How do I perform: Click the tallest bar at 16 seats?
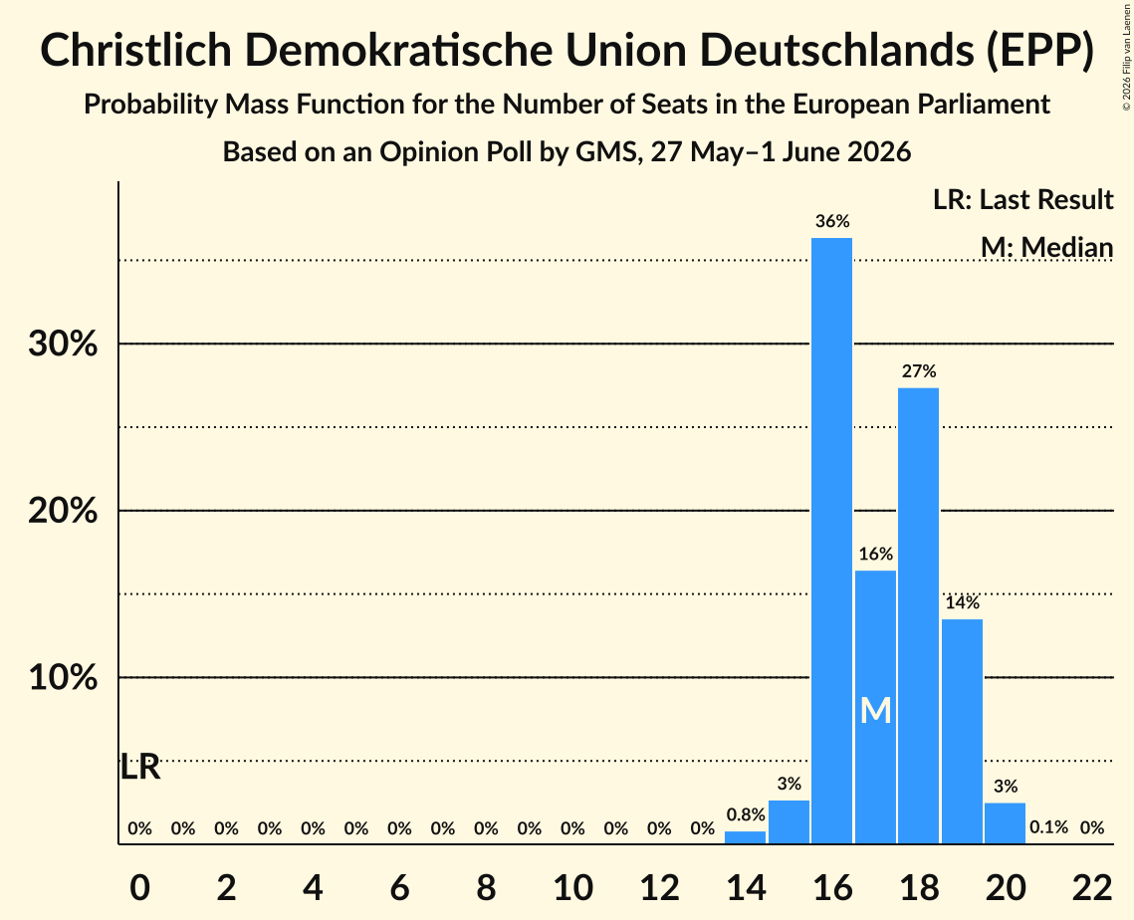pos(831,541)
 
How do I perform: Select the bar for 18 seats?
pos(919,615)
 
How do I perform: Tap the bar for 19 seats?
pos(962,731)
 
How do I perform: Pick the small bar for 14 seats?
pos(745,836)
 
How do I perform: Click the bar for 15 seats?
pos(789,821)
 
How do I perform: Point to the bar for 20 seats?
pos(1006,823)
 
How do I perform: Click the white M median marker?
pos(876,711)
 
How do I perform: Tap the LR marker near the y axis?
pos(139,767)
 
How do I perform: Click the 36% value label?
pos(832,221)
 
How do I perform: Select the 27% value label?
pos(919,371)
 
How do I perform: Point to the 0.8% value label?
pos(746,814)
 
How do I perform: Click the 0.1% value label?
pos(1048,826)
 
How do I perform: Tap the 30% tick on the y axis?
pos(63,345)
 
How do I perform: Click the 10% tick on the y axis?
pos(63,678)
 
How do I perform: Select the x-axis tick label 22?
pos(1092,887)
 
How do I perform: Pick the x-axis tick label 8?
pos(486,887)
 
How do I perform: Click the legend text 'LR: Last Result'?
pos(1022,199)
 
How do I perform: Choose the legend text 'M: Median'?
pos(1046,247)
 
